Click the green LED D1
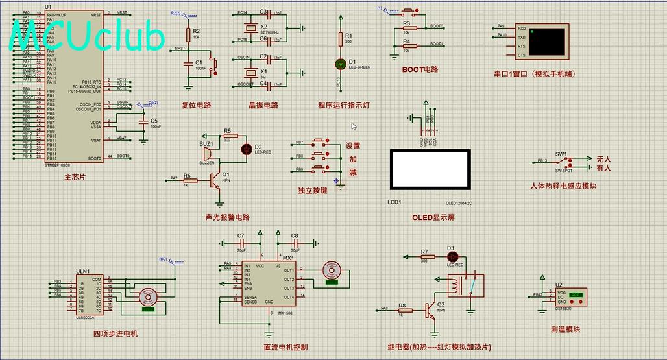click(341, 64)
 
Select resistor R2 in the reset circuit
click(189, 34)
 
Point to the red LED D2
click(247, 149)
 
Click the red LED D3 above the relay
click(452, 257)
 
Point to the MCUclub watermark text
click(87, 36)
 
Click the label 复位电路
click(196, 105)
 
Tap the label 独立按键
click(313, 191)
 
